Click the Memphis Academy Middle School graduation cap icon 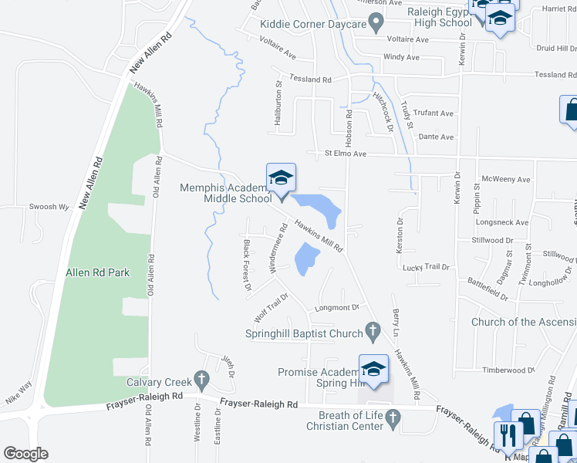point(281,178)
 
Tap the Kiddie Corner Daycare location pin point(376,24)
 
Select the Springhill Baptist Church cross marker point(373,333)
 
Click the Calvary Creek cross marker point(201,380)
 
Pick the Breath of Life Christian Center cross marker point(393,420)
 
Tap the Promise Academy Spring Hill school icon point(373,369)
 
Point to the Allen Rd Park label point(97,272)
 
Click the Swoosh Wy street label point(49,207)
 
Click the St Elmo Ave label point(345,154)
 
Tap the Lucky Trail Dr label point(426,267)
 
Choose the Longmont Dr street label point(337,307)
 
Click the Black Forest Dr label point(248,265)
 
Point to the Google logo point(25,454)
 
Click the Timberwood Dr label point(508,370)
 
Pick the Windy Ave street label point(401,57)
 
